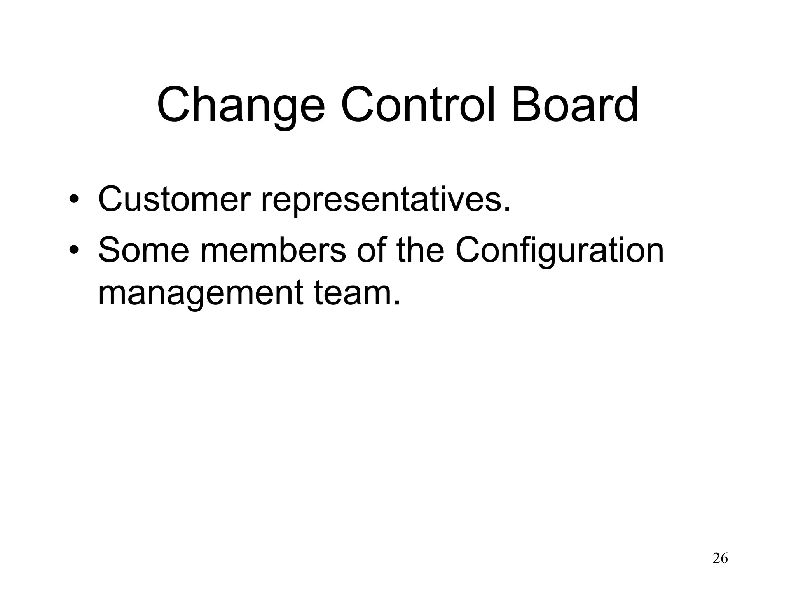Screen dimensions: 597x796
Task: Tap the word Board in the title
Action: pyautogui.click(x=575, y=105)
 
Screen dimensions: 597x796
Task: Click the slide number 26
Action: pyautogui.click(x=720, y=559)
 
